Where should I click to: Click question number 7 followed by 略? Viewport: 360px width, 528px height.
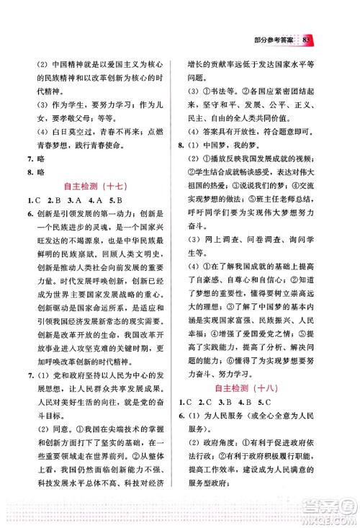tap(30, 158)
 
